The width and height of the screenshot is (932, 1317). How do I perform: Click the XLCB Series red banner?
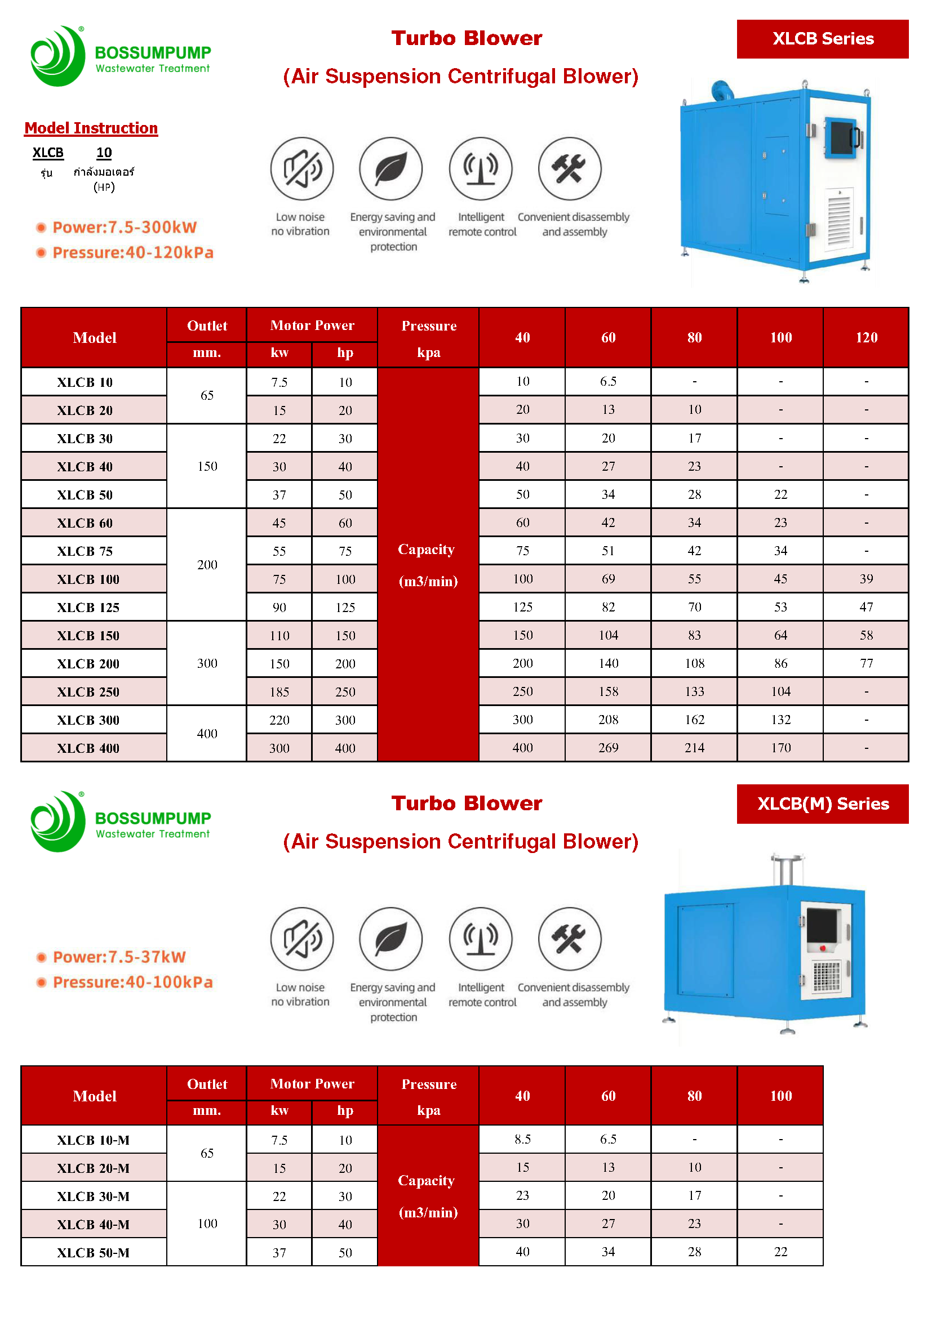(x=822, y=39)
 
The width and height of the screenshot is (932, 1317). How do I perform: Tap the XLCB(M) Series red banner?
(x=822, y=803)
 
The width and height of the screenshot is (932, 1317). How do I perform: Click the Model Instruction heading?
(x=91, y=128)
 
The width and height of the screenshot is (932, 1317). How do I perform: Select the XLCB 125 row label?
(x=88, y=608)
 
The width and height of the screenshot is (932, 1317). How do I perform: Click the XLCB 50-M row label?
(x=93, y=1253)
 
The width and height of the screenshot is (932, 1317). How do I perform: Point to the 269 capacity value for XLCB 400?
(x=608, y=748)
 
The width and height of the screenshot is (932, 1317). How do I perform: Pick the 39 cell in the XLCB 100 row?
(x=866, y=579)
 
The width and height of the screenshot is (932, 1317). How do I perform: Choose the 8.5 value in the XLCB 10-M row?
(x=522, y=1139)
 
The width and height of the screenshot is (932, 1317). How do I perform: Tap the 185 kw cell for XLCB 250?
(x=279, y=692)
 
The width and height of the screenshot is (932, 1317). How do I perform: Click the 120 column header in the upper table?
(x=866, y=337)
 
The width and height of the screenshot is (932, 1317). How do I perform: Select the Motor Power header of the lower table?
(x=312, y=1083)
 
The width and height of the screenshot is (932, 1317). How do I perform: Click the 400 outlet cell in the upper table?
(x=207, y=734)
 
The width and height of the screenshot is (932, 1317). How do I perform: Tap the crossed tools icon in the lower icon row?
(x=569, y=939)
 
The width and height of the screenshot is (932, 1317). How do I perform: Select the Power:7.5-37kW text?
(x=119, y=957)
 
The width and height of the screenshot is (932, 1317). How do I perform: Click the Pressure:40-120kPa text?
(x=132, y=252)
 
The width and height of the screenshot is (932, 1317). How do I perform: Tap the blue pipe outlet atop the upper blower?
(x=721, y=91)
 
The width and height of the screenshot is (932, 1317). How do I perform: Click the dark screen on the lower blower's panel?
(x=822, y=925)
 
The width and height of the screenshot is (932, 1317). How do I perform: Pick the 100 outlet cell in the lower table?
(x=207, y=1224)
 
